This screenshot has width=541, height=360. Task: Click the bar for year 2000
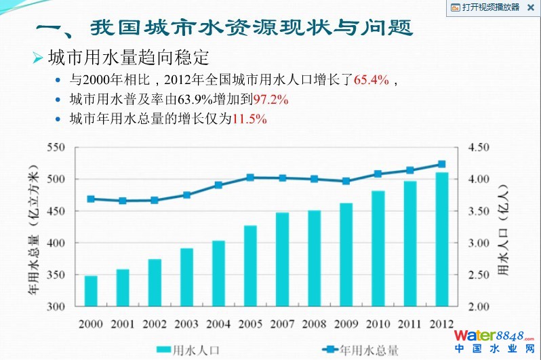pos(91,291)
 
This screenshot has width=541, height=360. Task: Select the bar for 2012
pos(441,239)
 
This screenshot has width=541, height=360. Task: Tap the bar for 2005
pos(250,266)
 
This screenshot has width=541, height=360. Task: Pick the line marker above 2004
pos(218,185)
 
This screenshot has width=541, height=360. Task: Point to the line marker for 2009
pos(346,181)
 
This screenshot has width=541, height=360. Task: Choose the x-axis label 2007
pos(282,323)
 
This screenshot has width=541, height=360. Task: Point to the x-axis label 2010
pos(378,323)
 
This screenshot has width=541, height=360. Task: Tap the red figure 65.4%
pos(372,81)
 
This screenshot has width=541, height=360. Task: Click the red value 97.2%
pos(270,100)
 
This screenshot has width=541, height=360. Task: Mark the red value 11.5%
pos(249,119)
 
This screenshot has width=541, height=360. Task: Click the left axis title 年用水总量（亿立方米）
pos(33,227)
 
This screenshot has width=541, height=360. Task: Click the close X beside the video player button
pos(530,7)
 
